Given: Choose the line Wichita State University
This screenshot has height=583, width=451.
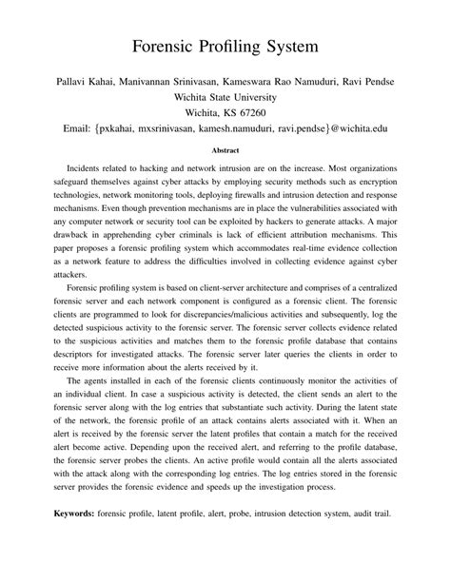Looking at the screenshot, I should (x=225, y=96).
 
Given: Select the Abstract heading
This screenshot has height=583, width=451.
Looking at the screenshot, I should (x=225, y=149).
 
